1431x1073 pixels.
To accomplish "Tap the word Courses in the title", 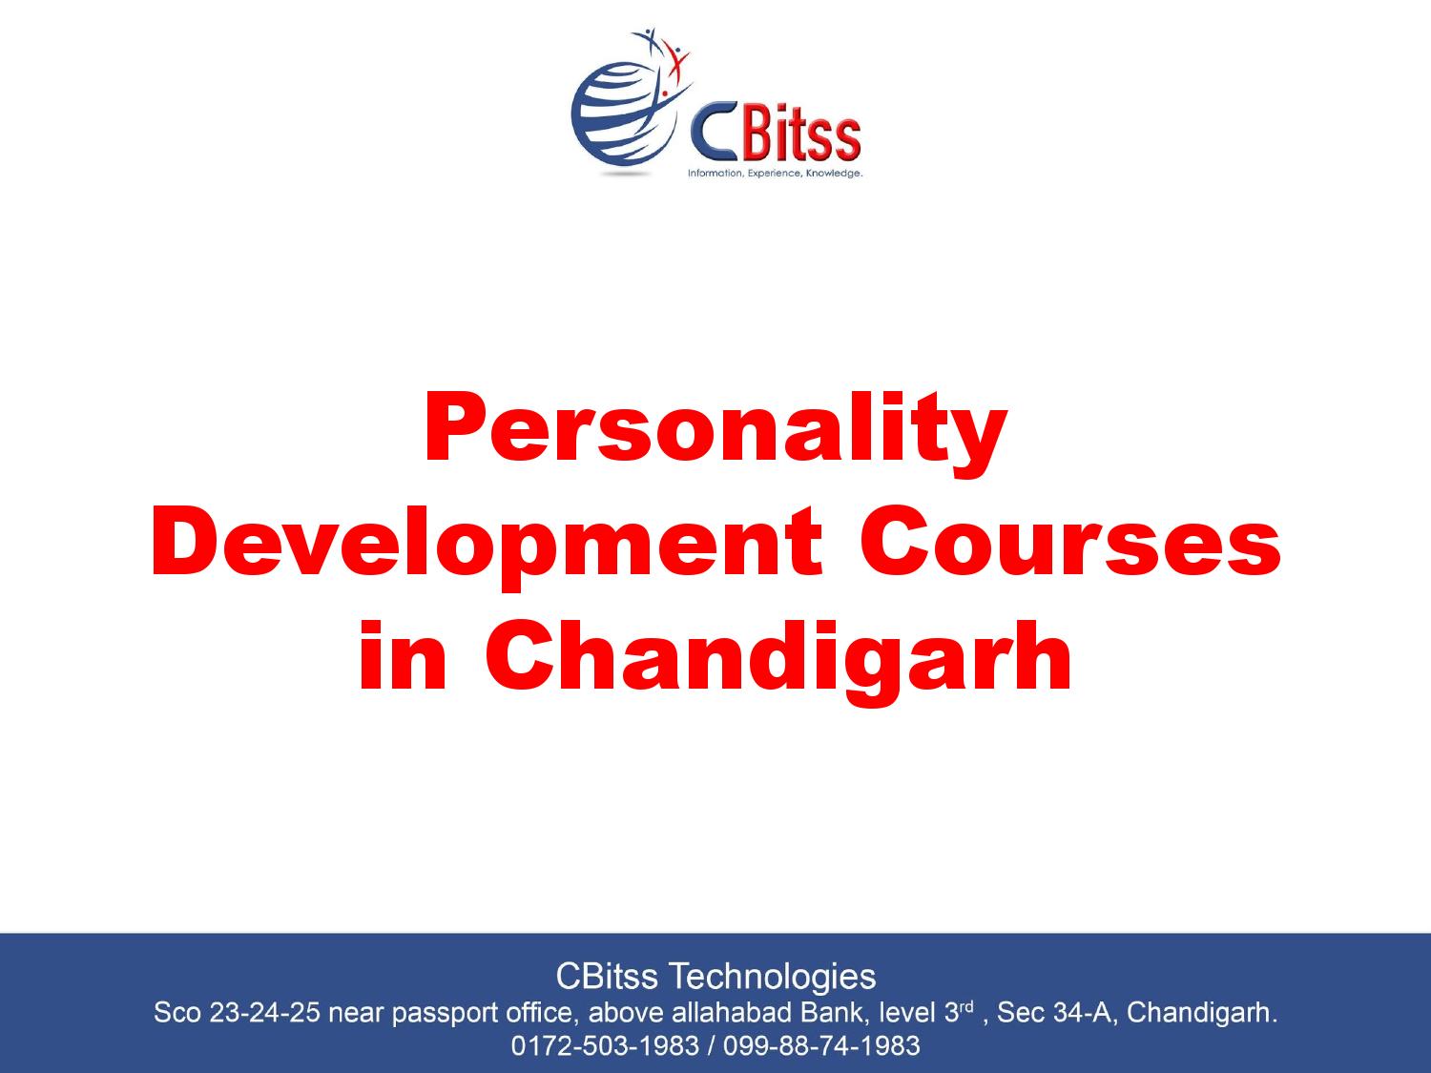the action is pyautogui.click(x=1069, y=542).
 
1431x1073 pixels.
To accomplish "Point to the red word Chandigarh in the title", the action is pyautogui.click(x=778, y=659).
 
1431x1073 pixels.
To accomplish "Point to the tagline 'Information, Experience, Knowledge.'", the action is pyautogui.click(x=776, y=174).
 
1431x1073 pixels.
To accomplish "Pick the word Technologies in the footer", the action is pyautogui.click(x=773, y=977).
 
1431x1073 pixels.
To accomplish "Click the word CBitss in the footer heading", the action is pyautogui.click(x=607, y=976).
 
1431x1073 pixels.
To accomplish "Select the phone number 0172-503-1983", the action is pyautogui.click(x=605, y=1045).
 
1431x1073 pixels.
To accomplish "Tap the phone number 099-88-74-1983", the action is pyautogui.click(x=821, y=1045).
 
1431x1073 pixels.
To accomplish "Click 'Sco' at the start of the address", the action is pyautogui.click(x=176, y=1012).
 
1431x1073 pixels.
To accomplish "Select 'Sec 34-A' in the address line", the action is pyautogui.click(x=1053, y=1012).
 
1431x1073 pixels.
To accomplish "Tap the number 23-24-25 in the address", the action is pyautogui.click(x=264, y=1012).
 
